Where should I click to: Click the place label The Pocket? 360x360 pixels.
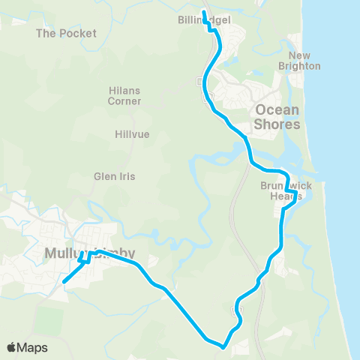point(67,34)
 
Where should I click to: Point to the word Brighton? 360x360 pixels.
point(300,66)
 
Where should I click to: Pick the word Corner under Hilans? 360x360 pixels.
point(124,100)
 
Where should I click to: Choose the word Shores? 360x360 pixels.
point(277,124)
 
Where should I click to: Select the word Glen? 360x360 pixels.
point(104,176)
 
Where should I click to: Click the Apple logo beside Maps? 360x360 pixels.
point(13,347)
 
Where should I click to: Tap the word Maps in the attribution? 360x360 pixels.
point(34,347)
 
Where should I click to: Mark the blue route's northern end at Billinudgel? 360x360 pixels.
point(204,12)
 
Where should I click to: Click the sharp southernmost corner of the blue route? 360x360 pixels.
point(222,346)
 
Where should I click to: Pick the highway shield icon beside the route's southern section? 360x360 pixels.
point(233,308)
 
